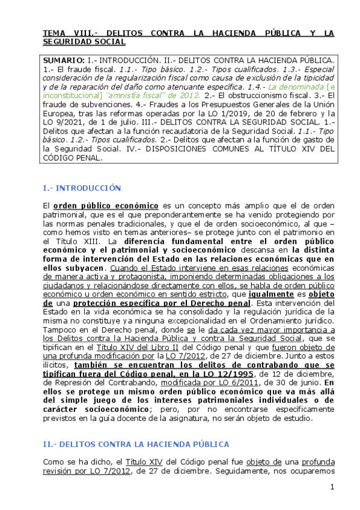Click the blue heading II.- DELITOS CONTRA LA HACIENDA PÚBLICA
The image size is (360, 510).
pos(135,444)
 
